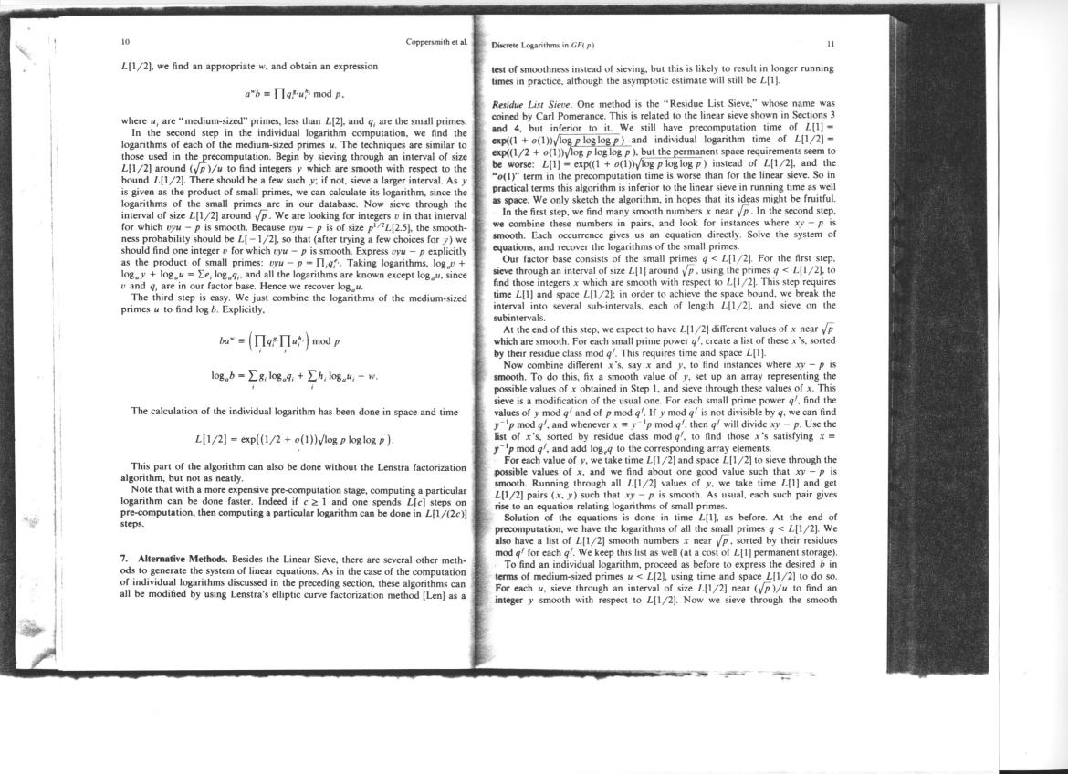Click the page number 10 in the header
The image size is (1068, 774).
(x=124, y=42)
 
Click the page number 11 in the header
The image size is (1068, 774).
(x=830, y=43)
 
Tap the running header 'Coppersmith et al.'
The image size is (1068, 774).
(x=436, y=42)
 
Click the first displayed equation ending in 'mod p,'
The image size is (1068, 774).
(x=293, y=93)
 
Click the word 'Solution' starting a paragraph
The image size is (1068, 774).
(x=527, y=517)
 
